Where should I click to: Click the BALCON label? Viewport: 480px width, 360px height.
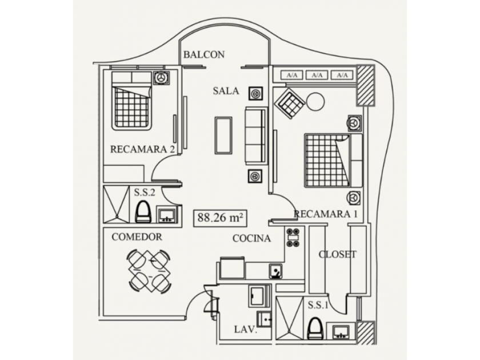tap(204, 54)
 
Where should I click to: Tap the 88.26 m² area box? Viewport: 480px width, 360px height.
tap(220, 218)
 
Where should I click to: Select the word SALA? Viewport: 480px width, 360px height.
tap(226, 91)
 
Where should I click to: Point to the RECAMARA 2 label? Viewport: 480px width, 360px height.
tap(142, 149)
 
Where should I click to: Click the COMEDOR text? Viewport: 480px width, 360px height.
tap(137, 237)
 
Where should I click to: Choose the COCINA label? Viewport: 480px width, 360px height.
tap(251, 238)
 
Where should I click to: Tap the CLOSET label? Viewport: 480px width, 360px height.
tap(337, 254)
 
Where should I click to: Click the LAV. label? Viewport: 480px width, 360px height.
tap(246, 329)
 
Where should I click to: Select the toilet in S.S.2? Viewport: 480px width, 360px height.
tap(143, 212)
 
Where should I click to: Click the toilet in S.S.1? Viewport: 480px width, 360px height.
tap(315, 329)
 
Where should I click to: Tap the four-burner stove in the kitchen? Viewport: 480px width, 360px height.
tap(293, 238)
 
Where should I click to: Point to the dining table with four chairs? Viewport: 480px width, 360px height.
tap(149, 271)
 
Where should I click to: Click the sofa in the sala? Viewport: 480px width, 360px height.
tap(255, 136)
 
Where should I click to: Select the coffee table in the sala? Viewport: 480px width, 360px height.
tap(223, 135)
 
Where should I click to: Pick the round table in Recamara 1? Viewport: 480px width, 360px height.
tap(315, 102)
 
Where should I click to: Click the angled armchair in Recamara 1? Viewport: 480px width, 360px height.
tap(290, 103)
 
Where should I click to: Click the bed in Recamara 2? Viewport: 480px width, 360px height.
tap(131, 101)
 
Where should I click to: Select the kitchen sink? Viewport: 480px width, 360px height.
tap(276, 271)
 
